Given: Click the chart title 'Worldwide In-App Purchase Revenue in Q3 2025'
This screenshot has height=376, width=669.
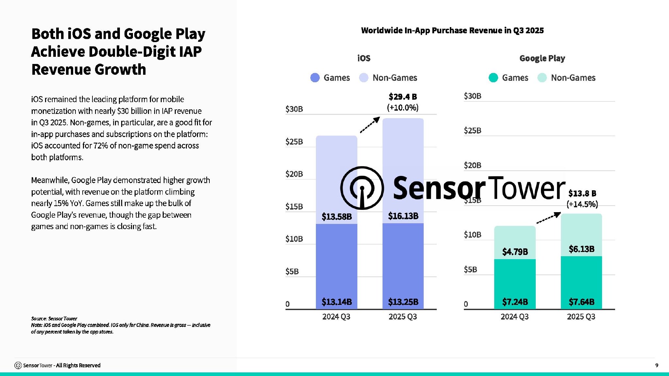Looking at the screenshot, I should point(452,30).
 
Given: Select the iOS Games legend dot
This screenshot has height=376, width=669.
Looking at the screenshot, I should point(315,78).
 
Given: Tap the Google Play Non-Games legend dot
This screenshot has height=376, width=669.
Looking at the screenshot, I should point(542,78).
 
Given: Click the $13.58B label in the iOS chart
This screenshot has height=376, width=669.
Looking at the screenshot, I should point(336,216).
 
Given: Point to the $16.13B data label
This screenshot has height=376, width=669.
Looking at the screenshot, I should point(403,216).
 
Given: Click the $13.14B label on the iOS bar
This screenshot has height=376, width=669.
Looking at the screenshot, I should point(336,302).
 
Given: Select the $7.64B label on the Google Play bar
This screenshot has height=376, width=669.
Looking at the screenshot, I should point(581,302).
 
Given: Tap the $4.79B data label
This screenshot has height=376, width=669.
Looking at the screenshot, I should point(515,252).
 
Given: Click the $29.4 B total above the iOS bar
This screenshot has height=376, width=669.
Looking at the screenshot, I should point(403,97).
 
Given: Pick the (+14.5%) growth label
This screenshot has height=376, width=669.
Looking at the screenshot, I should point(582,204).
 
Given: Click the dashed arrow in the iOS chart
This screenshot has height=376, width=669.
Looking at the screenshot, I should point(370,125).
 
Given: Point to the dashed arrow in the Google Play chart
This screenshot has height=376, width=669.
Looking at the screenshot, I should point(549,218).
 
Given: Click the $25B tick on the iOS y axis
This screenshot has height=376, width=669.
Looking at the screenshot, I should point(294,142).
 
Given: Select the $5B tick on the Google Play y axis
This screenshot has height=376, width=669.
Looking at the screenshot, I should point(470,270).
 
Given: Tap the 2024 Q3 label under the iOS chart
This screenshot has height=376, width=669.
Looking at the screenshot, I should point(336,317).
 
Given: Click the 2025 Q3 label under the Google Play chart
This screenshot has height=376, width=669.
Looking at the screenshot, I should point(581,317).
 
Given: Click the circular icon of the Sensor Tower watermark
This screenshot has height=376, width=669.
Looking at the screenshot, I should point(362,188).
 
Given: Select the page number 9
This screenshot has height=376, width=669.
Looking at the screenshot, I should point(657,365).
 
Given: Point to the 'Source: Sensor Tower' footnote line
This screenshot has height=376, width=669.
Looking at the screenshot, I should point(54,319).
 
